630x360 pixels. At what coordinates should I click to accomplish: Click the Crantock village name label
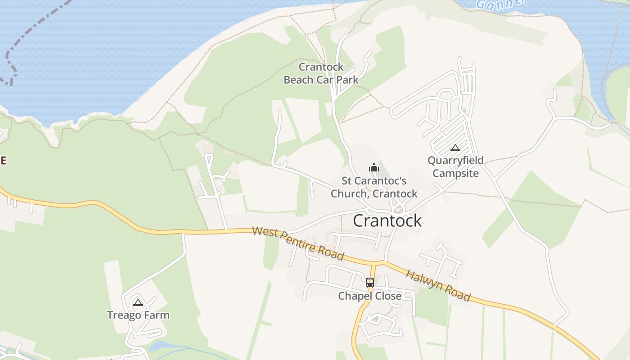pos(387,220)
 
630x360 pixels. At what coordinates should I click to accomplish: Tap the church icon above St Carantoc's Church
pos(373,168)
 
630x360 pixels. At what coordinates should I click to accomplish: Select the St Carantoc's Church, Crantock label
pos(374,187)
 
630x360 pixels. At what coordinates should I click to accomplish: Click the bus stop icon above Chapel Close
pos(370,283)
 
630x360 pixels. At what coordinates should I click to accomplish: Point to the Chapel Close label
pos(369,296)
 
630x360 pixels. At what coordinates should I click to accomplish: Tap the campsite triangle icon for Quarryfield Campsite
pos(455,148)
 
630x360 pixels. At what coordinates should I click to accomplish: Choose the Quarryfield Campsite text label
pos(455,166)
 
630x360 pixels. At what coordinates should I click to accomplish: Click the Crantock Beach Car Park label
pos(321,73)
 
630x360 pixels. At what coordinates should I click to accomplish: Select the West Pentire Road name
pos(298,243)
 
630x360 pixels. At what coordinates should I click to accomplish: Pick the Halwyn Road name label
pos(438,286)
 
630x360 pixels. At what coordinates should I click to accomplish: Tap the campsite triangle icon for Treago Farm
pos(138,302)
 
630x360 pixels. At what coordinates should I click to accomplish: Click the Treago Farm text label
pos(138,315)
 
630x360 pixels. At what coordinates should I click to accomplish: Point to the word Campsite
pos(455,173)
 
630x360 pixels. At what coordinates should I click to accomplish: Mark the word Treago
pos(124,315)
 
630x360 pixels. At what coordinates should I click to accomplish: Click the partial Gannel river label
pos(500,4)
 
